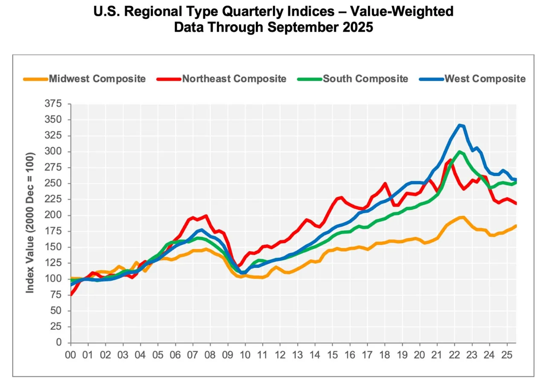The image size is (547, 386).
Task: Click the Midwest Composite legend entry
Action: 97,79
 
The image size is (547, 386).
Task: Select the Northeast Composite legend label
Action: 234,79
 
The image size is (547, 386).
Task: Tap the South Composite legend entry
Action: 365,79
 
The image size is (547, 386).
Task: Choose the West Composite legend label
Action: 485,79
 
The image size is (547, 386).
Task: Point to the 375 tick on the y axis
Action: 53,104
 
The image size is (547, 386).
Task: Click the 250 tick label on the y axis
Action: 53,183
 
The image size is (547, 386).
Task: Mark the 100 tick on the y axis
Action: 53,279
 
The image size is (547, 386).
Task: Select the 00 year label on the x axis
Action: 71,354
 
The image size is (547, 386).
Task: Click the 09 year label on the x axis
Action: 228,354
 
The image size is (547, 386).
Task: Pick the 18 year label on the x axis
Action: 385,354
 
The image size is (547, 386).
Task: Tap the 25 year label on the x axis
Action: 507,354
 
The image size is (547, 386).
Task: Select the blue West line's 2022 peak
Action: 459,125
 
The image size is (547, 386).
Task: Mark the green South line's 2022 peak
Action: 459,151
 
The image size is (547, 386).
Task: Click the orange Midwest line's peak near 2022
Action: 462,218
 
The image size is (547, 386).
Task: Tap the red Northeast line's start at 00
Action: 71,294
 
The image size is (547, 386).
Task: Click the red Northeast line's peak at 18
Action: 385,184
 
